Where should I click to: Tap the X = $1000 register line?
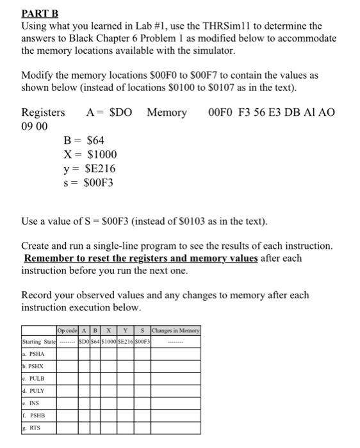[90, 154]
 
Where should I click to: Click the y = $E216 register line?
[89, 168]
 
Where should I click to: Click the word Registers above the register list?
[43, 113]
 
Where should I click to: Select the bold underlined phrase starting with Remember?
[141, 259]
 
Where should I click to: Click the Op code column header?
[67, 330]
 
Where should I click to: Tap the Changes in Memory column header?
[175, 330]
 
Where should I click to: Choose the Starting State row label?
[38, 341]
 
